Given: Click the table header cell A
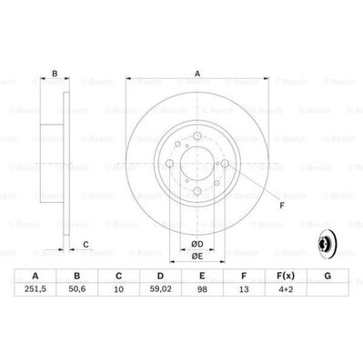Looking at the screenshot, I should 35,277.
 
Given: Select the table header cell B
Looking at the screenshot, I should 77,277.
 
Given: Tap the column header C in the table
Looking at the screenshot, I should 119,277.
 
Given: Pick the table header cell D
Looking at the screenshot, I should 160,277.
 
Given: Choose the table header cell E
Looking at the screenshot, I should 203,277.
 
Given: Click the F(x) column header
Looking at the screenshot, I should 286,277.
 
